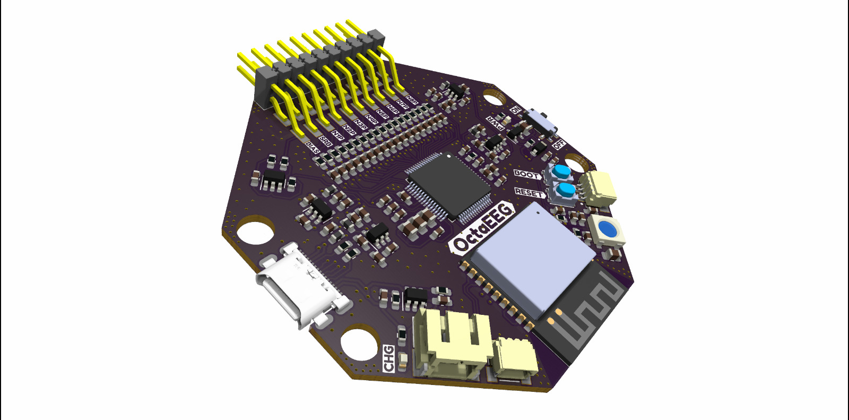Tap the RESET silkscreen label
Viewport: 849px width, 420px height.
(529, 193)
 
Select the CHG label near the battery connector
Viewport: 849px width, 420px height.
(389, 358)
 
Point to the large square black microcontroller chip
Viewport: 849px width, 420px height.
(448, 185)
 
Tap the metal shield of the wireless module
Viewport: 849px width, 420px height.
(531, 255)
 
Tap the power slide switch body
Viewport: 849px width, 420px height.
(541, 122)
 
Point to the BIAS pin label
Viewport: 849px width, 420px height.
(313, 148)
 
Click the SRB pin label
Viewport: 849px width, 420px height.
(325, 141)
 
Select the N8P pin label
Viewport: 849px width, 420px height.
(412, 100)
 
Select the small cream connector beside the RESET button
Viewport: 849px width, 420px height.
(600, 188)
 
